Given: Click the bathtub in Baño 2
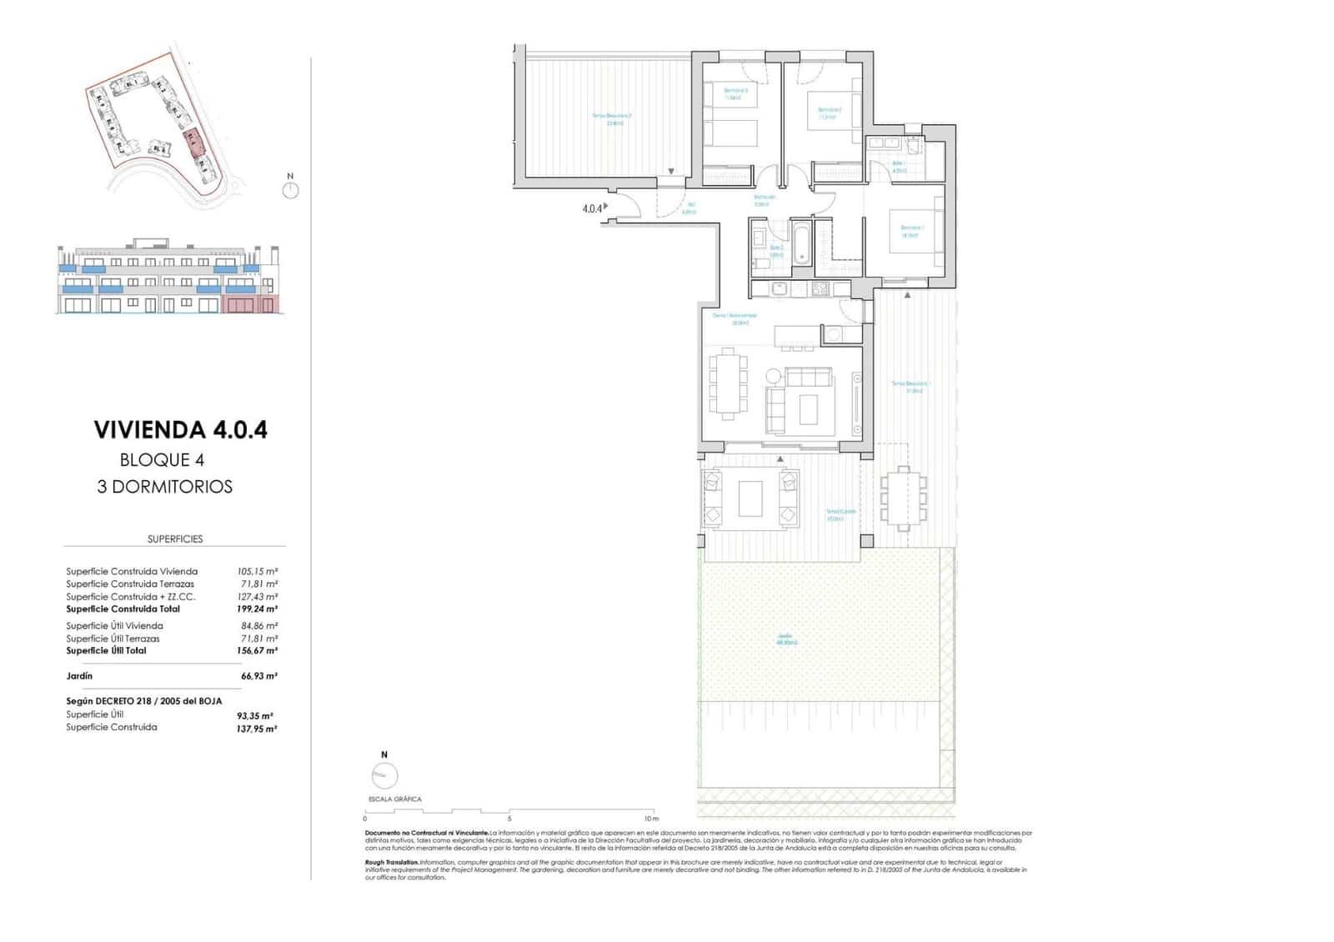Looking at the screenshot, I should point(801,242).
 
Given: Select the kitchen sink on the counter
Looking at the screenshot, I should point(779,289).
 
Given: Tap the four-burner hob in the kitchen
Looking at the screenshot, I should point(820,289).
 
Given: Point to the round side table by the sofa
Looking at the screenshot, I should point(773,376).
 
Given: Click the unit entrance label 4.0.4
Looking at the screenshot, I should point(591,208).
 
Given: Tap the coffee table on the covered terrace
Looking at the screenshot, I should point(750,499).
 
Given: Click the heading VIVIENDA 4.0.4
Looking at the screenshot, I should point(181,430).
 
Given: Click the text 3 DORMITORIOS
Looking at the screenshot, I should point(165,487).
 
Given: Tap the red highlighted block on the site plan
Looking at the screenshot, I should point(193,143).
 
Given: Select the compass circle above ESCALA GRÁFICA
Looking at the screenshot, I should point(384,776).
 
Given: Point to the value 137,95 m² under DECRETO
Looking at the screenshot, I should point(257,729).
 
